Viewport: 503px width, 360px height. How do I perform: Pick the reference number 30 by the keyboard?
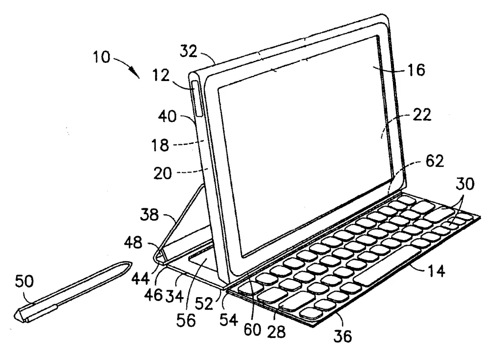point(463,185)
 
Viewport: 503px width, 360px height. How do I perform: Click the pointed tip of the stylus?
point(130,264)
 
